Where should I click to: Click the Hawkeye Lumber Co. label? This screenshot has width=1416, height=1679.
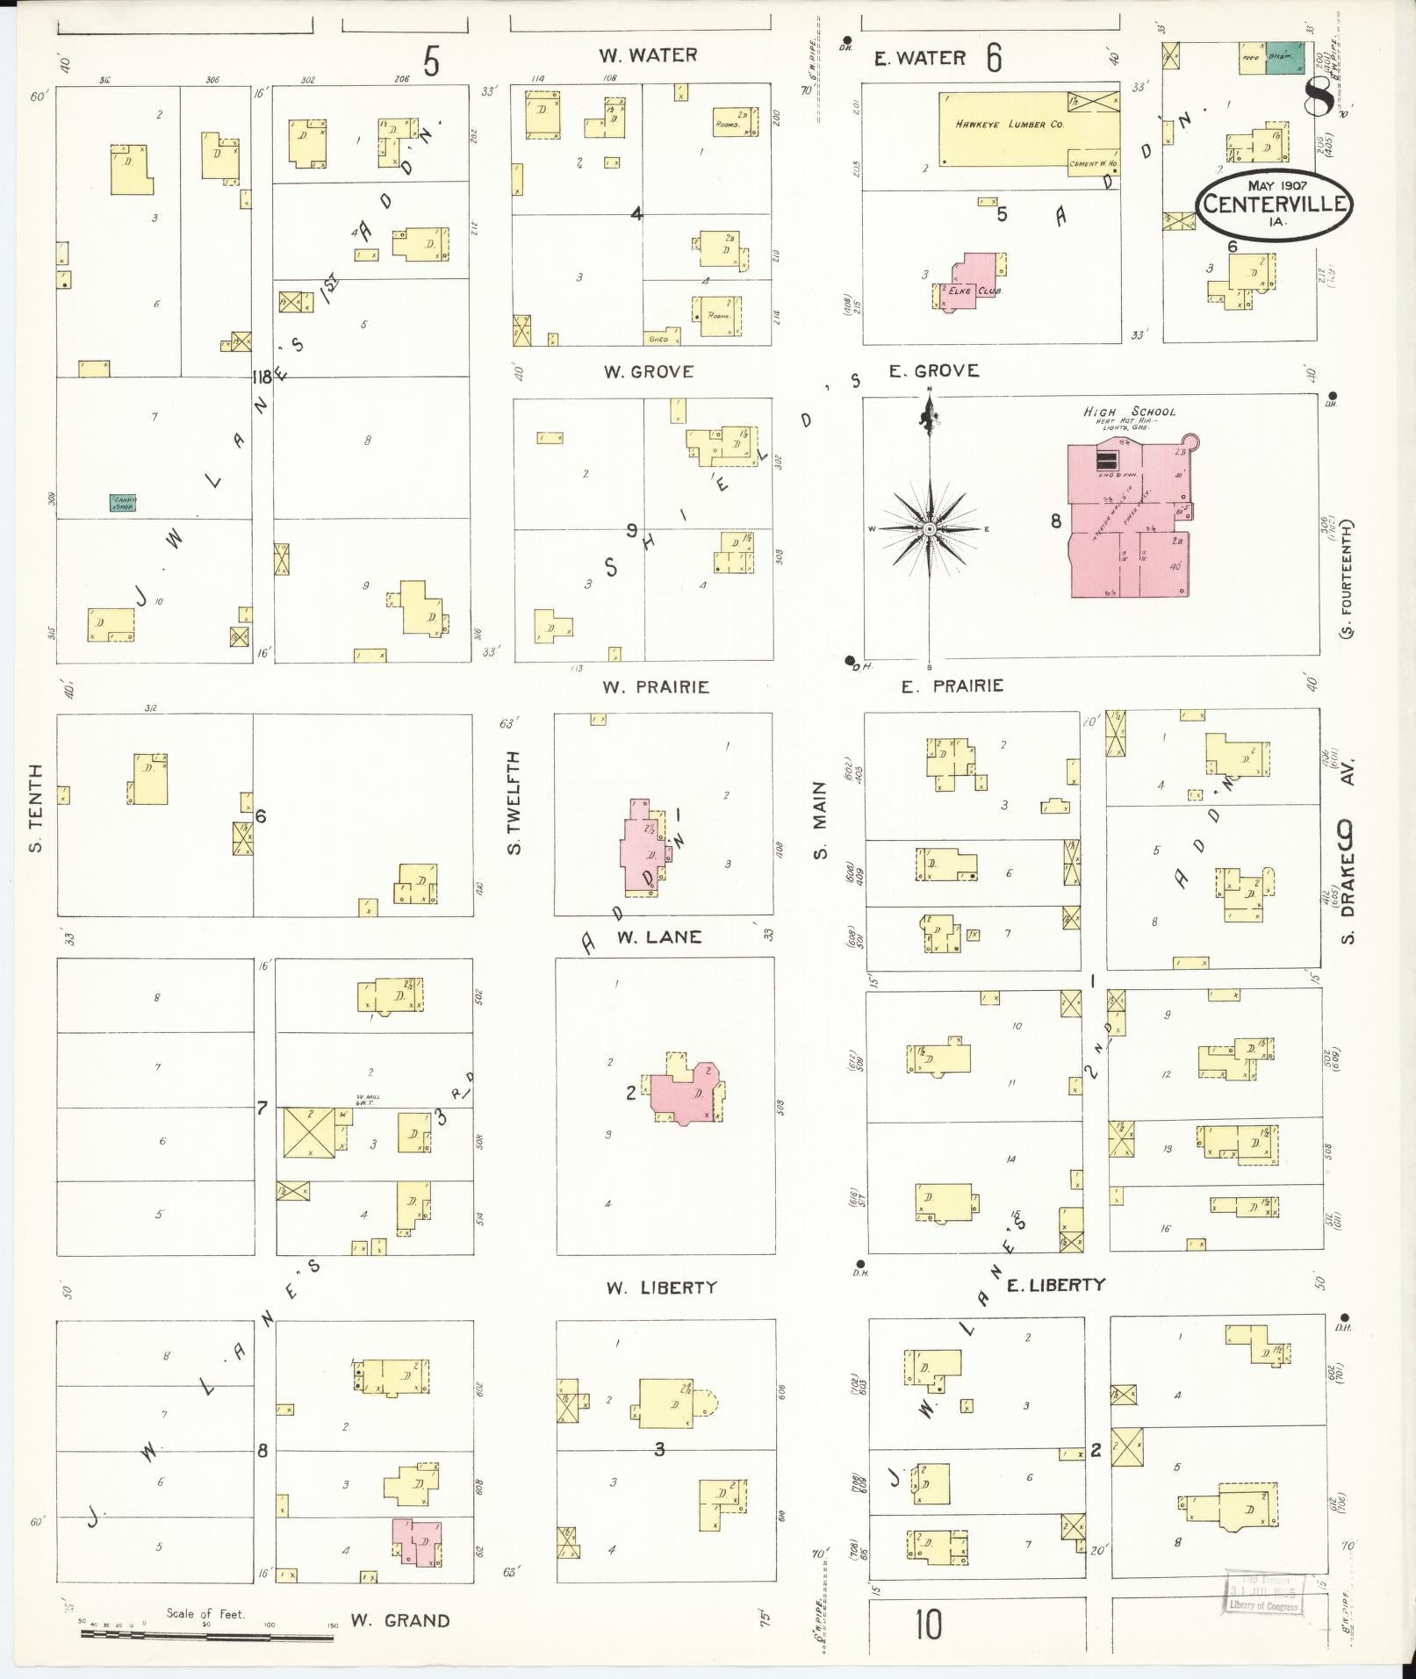(1010, 125)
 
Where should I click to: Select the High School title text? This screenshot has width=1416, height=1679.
(1128, 411)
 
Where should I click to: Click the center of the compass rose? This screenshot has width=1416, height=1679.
(929, 529)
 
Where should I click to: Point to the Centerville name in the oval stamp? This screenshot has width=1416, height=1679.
(1276, 204)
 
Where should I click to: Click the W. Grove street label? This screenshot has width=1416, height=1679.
(648, 372)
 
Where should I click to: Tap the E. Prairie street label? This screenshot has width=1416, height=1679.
(952, 685)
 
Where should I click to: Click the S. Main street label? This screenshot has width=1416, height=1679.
(819, 821)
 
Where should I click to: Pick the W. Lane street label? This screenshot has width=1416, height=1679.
(658, 937)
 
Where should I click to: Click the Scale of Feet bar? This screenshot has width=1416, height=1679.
(206, 1634)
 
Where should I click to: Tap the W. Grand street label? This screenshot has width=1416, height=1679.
(400, 1620)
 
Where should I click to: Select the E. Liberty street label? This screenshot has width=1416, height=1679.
(1055, 1285)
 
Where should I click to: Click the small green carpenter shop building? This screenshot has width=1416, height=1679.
(122, 503)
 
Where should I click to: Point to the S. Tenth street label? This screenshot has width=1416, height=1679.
(36, 808)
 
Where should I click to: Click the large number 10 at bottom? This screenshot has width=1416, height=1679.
(927, 1625)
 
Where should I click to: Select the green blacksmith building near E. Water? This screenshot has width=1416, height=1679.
(1283, 57)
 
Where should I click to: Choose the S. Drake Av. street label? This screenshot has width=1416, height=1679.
(1348, 882)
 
